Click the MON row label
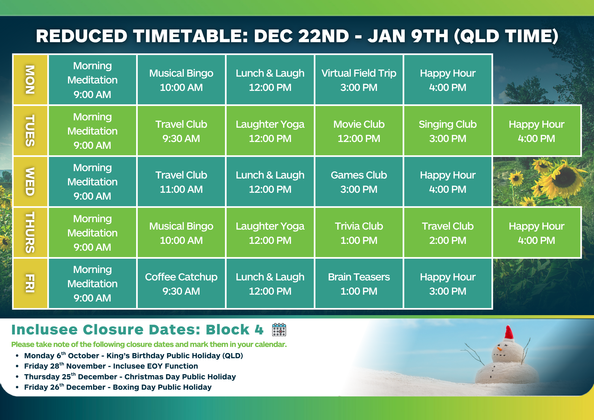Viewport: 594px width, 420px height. coord(30,80)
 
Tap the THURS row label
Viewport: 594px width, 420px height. coord(30,233)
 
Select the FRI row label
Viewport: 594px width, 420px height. coord(30,283)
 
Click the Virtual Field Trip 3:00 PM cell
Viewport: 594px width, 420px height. coord(359,80)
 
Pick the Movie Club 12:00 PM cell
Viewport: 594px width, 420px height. coord(359,131)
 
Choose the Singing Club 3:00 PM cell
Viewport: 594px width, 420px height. coord(448,131)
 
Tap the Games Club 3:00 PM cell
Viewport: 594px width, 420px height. coord(359,182)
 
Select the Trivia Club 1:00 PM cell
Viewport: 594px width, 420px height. coord(359,233)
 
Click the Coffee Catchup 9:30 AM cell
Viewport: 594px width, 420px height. coord(181,284)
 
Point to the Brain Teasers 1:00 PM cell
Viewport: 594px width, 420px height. coord(359,284)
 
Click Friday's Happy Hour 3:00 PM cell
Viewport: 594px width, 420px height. coord(448,284)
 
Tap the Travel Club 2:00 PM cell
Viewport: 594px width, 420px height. coord(448,233)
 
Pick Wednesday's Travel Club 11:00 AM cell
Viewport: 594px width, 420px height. coord(181,182)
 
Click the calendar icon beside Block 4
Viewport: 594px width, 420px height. coord(279,330)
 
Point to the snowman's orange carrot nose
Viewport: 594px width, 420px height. coord(500,348)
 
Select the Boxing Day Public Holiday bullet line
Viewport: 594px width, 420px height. coord(118,387)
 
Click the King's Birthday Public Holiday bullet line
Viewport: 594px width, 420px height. coord(134,356)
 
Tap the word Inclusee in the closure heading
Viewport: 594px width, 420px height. coord(45,330)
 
